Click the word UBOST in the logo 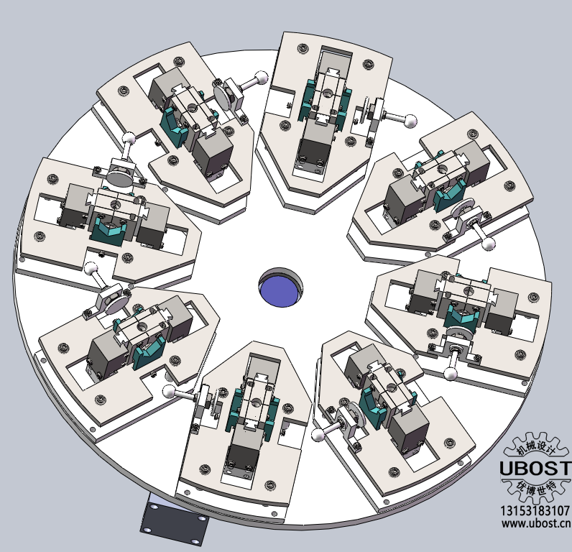(535, 468)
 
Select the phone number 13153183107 (535, 510)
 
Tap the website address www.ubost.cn (536, 523)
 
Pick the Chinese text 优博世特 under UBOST (535, 487)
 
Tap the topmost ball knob (261, 78)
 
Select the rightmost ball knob (488, 244)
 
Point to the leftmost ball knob (91, 269)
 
